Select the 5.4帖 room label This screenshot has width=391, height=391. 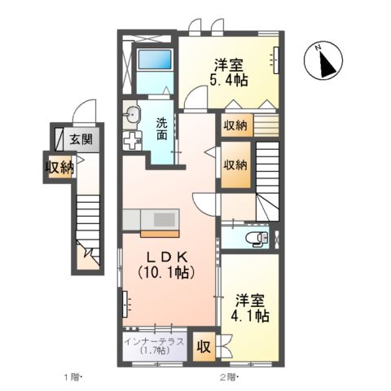pyautogui.click(x=230, y=72)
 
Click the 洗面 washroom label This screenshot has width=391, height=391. pyautogui.click(x=162, y=130)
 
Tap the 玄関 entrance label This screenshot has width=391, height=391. pyautogui.click(x=80, y=139)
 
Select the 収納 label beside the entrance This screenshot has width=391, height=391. pyautogui.click(x=59, y=168)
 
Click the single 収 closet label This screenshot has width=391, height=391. pyautogui.click(x=204, y=345)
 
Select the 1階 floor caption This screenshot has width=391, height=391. pyautogui.click(x=74, y=377)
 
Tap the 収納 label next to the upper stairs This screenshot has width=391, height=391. pyautogui.click(x=235, y=164)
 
